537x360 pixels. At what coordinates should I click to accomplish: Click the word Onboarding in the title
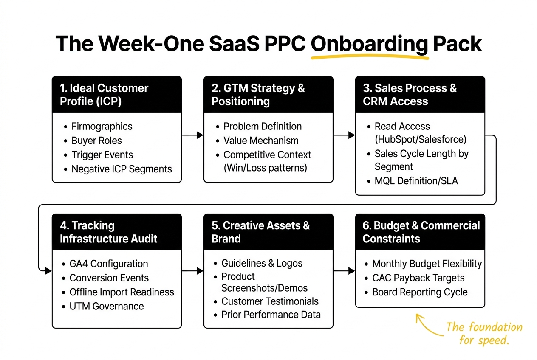(369, 44)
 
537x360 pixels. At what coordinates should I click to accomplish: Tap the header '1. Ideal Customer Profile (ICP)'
(104, 95)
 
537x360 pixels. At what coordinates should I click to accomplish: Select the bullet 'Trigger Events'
(102, 155)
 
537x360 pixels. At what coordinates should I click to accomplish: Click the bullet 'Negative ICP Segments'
(122, 169)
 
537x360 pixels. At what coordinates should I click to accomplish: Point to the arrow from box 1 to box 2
(192, 135)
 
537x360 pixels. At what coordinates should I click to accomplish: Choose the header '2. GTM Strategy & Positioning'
(258, 95)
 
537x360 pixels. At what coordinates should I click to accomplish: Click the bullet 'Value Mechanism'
(261, 141)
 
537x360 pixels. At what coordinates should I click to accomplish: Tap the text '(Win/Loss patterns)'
(265, 168)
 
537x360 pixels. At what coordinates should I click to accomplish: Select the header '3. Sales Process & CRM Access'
(410, 95)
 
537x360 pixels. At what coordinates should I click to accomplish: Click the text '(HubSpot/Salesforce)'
(420, 140)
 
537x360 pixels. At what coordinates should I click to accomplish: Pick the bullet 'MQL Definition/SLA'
(416, 181)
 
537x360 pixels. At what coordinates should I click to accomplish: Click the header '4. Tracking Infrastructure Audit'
(108, 232)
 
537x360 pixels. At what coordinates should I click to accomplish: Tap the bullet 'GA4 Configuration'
(108, 264)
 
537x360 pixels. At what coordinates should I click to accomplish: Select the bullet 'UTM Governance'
(106, 306)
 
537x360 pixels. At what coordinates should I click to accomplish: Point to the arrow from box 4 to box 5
(192, 271)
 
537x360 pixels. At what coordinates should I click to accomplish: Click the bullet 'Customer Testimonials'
(270, 301)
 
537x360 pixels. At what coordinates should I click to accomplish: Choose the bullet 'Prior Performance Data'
(271, 315)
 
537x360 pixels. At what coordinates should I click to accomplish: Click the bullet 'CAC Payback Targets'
(418, 278)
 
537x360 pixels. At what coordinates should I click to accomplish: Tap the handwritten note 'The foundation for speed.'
(484, 333)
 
